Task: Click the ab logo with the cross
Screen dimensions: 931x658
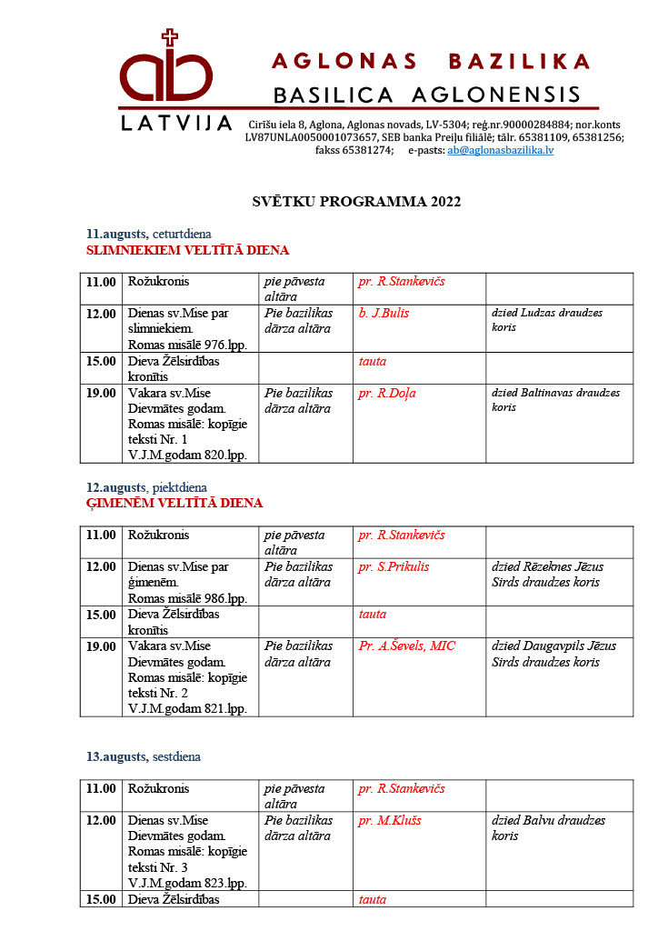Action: click(x=168, y=73)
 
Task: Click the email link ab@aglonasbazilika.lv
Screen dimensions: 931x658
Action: click(x=500, y=150)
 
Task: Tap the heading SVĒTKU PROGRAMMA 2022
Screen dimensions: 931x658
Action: click(x=356, y=202)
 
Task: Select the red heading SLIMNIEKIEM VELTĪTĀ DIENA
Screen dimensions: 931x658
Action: click(x=187, y=250)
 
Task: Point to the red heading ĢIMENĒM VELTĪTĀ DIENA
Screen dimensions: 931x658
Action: click(x=174, y=503)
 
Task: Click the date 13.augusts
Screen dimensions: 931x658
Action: click(x=116, y=756)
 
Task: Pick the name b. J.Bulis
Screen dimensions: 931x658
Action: click(x=384, y=314)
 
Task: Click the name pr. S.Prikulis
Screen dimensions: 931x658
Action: click(x=394, y=566)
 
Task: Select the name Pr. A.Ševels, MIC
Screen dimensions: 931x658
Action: click(x=406, y=646)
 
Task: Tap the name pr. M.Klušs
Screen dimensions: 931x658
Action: click(x=390, y=820)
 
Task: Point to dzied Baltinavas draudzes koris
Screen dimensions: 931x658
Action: click(x=555, y=400)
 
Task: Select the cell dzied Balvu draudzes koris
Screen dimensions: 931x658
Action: click(x=548, y=827)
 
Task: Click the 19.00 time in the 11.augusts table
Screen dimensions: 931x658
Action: click(x=101, y=394)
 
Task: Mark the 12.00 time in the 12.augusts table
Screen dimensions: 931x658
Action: click(x=101, y=566)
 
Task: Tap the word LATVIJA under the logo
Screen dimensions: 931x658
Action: click(x=177, y=123)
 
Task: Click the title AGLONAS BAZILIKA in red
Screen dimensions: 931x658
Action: click(x=432, y=62)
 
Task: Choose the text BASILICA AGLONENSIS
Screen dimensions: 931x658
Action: click(x=427, y=95)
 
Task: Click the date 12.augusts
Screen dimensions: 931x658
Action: click(x=116, y=487)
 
